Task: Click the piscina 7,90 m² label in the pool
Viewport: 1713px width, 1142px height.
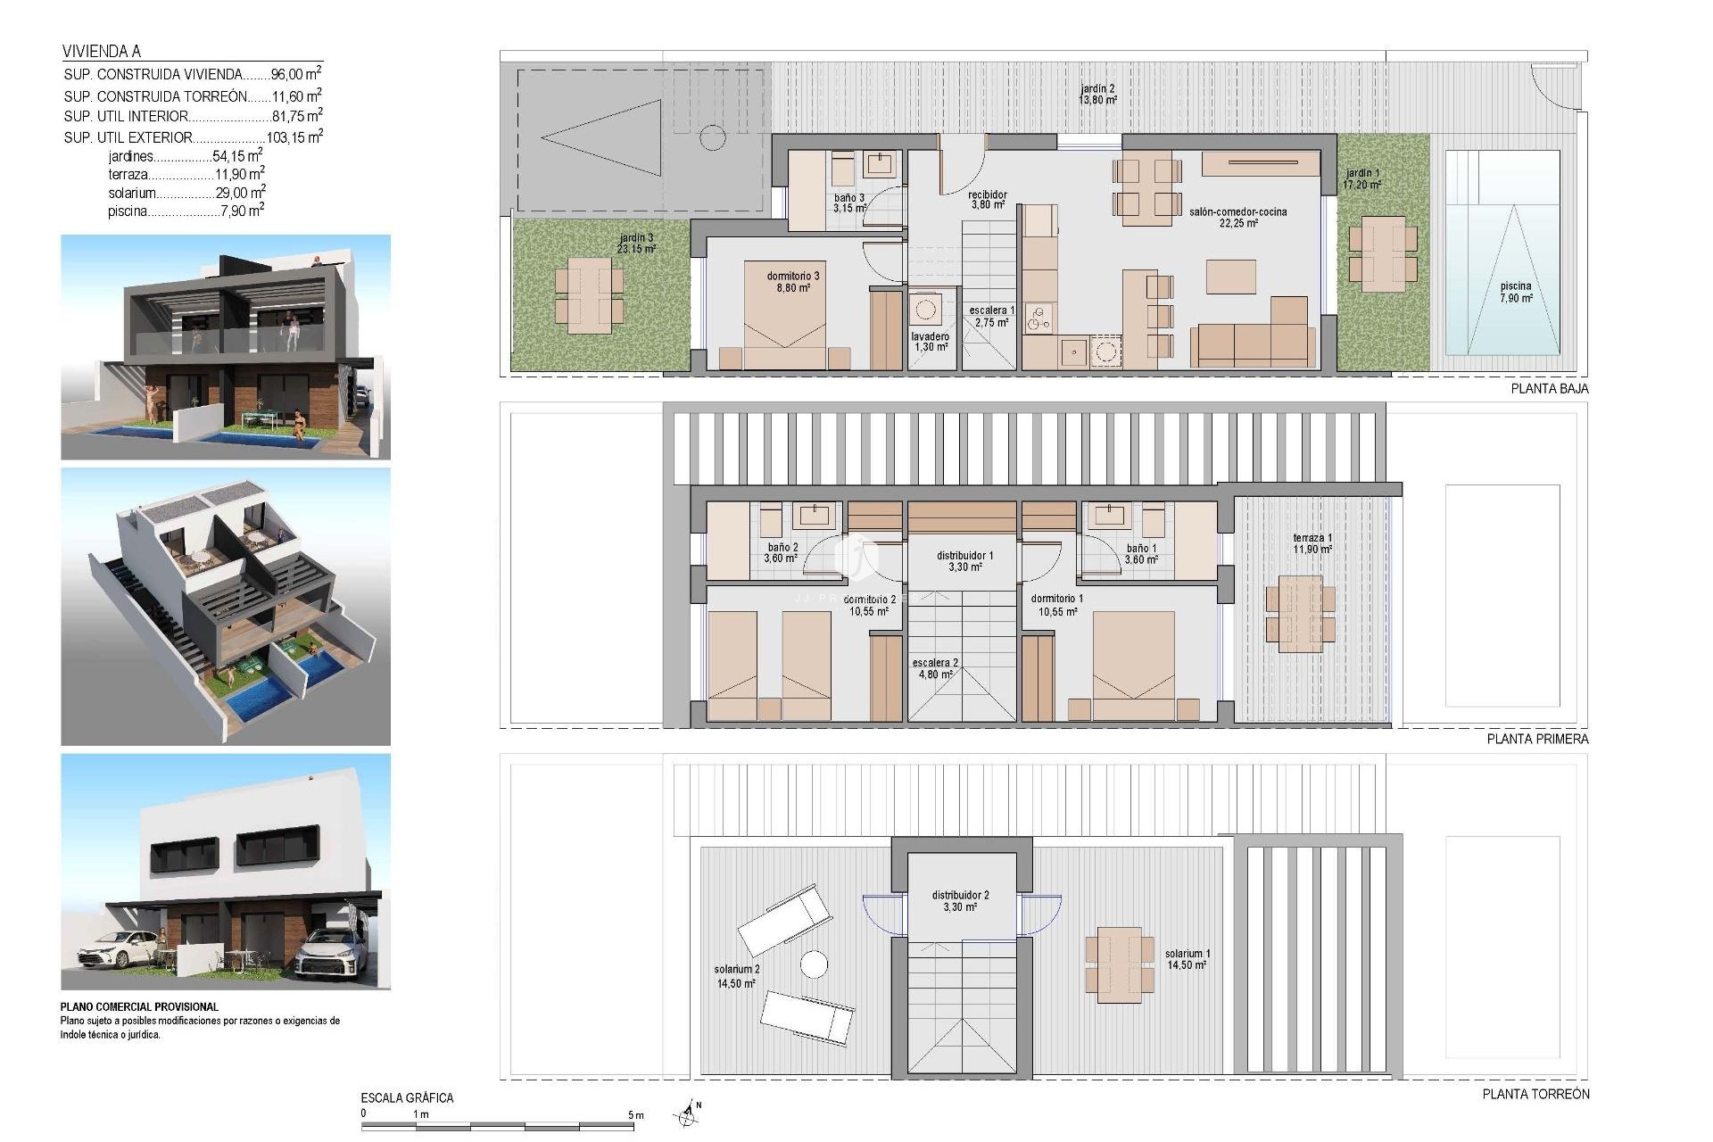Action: coord(1515,293)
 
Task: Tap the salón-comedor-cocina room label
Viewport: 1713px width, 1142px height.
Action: coord(1237,218)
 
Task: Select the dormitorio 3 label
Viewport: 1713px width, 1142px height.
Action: coord(792,282)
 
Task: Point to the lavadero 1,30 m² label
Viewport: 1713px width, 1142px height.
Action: coord(930,342)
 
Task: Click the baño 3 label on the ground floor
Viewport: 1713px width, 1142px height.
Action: coord(848,203)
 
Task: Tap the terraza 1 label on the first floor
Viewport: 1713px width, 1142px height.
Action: coord(1312,543)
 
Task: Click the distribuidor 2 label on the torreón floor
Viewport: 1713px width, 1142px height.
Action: coord(960,900)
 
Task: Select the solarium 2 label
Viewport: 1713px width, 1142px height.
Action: coord(736,976)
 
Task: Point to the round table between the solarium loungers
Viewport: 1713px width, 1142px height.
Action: coord(813,964)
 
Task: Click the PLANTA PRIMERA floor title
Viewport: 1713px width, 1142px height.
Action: coord(1537,739)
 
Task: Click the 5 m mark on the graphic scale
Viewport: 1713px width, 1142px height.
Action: coord(635,1115)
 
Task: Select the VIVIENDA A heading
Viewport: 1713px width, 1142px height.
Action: coord(102,52)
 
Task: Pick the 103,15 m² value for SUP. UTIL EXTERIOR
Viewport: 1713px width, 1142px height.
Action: coord(294,137)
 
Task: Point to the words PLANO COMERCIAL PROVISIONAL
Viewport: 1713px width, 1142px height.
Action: coord(139,1006)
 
